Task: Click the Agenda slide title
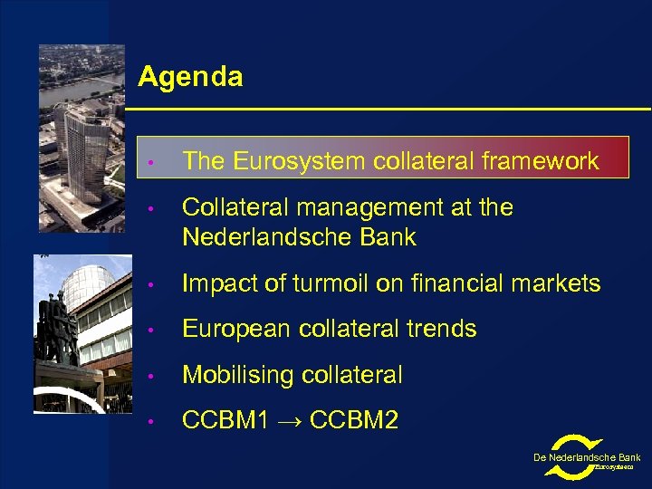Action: coord(190,77)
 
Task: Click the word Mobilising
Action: coord(242,375)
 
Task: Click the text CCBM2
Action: coord(354,420)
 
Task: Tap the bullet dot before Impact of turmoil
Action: coord(155,284)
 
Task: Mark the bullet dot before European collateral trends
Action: coord(155,330)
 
